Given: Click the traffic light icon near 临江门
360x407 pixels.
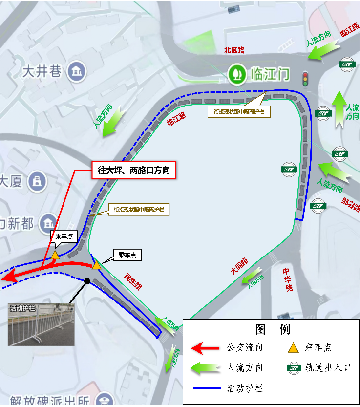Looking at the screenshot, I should pyautogui.click(x=306, y=79).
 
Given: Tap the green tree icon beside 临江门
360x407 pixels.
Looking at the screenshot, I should pyautogui.click(x=237, y=74).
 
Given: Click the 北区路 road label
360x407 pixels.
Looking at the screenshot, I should pyautogui.click(x=234, y=50).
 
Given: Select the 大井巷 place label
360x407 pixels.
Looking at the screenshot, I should pyautogui.click(x=42, y=72).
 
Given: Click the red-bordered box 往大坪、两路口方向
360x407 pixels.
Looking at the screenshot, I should pyautogui.click(x=133, y=170).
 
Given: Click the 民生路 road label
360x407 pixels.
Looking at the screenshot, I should pyautogui.click(x=133, y=281).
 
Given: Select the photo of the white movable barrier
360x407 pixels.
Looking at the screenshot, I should pyautogui.click(x=42, y=324).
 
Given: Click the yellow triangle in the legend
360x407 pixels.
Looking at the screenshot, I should pyautogui.click(x=293, y=348).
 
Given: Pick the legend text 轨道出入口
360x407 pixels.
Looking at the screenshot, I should pyautogui.click(x=328, y=367).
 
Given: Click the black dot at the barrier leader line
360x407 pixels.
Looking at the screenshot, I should pyautogui.click(x=87, y=281).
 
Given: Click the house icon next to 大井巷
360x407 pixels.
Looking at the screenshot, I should pyautogui.click(x=76, y=72).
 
